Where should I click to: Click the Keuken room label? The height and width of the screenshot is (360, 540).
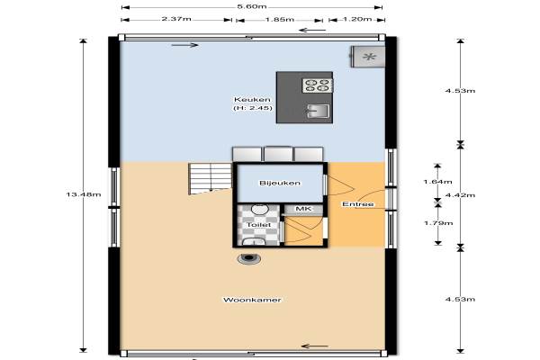click(252, 100)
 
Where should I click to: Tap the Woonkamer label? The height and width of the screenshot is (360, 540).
click(252, 300)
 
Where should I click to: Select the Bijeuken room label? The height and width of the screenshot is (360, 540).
click(280, 183)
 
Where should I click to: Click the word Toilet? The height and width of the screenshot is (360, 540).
click(258, 225)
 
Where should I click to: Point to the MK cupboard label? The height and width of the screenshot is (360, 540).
click(304, 209)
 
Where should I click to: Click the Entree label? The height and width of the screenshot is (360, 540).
click(358, 204)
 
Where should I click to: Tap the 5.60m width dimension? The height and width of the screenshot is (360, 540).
click(252, 6)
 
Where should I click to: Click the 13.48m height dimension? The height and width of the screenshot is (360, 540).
click(84, 194)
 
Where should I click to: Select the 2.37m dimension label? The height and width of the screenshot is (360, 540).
click(176, 19)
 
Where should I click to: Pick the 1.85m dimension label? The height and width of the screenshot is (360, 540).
click(280, 19)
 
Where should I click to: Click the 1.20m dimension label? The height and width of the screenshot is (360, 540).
click(357, 19)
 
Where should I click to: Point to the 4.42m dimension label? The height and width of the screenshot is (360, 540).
click(460, 195)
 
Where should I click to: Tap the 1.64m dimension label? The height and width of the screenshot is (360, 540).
click(437, 182)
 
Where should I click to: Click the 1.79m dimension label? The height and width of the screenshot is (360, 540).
click(438, 223)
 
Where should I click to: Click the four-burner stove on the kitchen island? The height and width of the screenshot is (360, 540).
click(318, 85)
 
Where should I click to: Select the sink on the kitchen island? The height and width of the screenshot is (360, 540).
click(318, 111)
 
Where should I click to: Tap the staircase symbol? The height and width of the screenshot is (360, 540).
click(210, 178)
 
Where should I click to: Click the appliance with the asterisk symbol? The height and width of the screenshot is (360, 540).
click(368, 57)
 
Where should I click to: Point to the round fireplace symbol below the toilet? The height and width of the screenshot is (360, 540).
click(249, 258)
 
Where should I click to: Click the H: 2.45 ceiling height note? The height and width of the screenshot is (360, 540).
click(253, 108)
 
